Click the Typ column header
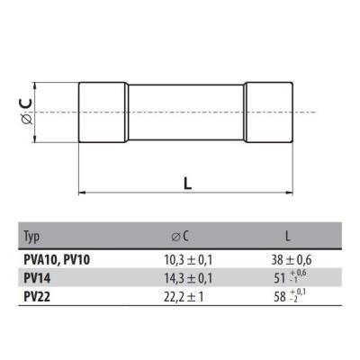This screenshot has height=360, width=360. coord(31,237)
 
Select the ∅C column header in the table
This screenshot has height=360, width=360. coord(180,237)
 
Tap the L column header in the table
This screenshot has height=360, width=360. coord(288,237)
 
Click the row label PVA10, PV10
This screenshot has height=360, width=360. coord(57,260)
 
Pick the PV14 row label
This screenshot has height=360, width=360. coord(37,278)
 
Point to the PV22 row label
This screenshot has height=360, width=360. coord(37,297)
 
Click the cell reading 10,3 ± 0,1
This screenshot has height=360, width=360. coord(188,260)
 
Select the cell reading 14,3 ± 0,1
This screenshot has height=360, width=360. coord(188,279)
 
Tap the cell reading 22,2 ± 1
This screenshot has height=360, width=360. coord(184,297)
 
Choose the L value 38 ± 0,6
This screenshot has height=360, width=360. coord(292,260)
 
